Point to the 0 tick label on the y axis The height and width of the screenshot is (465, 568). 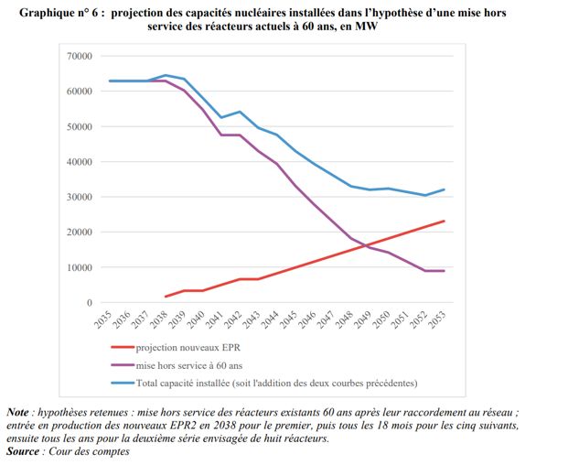pos(90,303)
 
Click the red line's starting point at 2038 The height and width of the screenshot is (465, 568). pos(166,297)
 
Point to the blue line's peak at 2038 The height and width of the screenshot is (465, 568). pos(166,75)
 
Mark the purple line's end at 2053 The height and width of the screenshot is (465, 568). pos(445,271)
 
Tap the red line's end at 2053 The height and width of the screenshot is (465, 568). pos(445,221)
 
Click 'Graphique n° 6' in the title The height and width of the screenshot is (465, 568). pos(54,15)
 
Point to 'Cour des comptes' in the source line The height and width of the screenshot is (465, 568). pos(89,451)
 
